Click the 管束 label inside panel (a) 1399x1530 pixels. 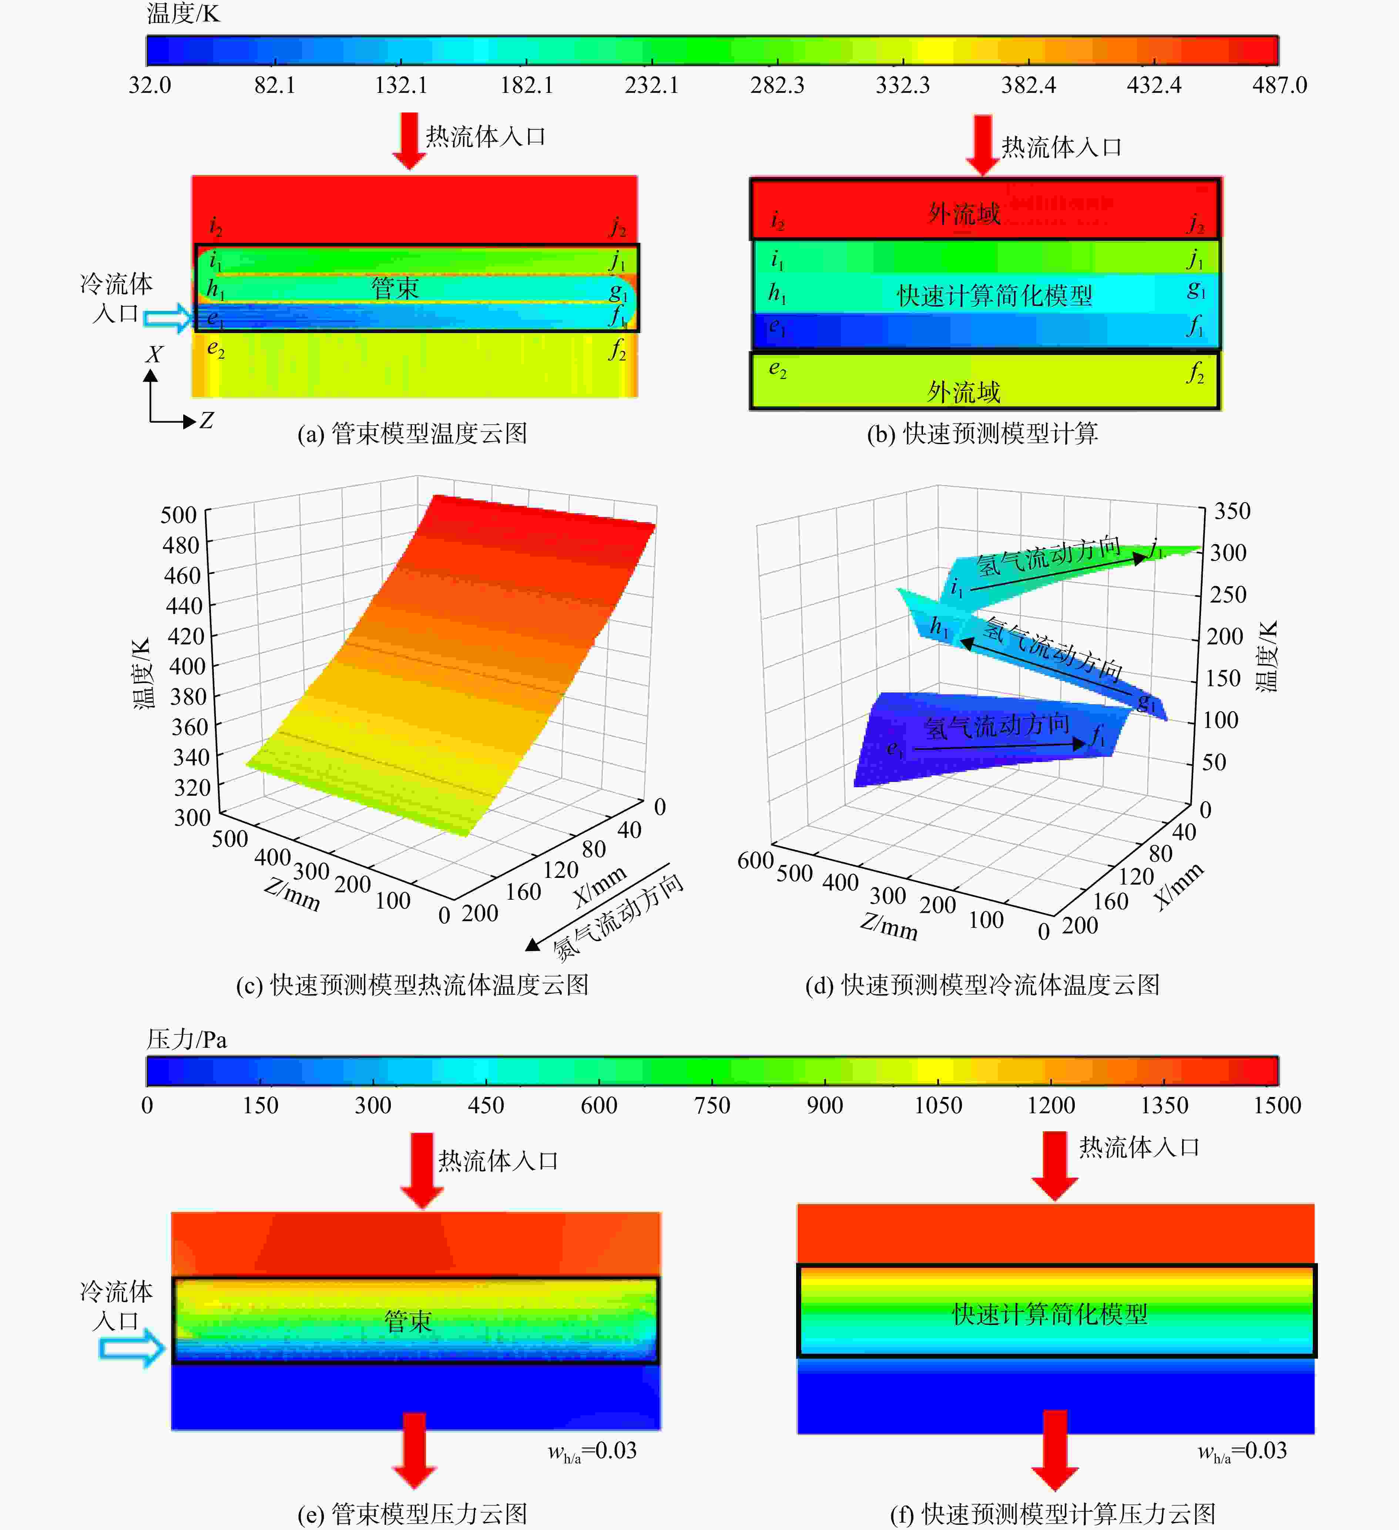[x=395, y=288]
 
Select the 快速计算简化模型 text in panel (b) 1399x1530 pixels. [x=994, y=295]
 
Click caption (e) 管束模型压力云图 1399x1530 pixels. [x=412, y=1514]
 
